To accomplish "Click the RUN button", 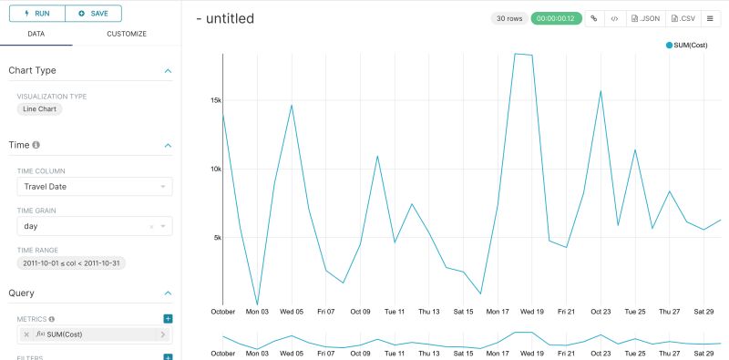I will point(36,14).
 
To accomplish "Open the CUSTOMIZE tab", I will point(127,34).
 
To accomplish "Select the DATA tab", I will point(36,34).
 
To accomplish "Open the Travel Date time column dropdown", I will point(95,187).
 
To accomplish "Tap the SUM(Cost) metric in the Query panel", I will point(95,334).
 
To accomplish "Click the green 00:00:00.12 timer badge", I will point(558,18).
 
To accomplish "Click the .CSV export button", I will point(684,18).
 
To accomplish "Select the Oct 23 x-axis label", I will point(601,312).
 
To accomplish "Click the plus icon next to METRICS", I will point(168,318).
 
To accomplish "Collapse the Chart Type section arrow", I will point(168,70).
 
